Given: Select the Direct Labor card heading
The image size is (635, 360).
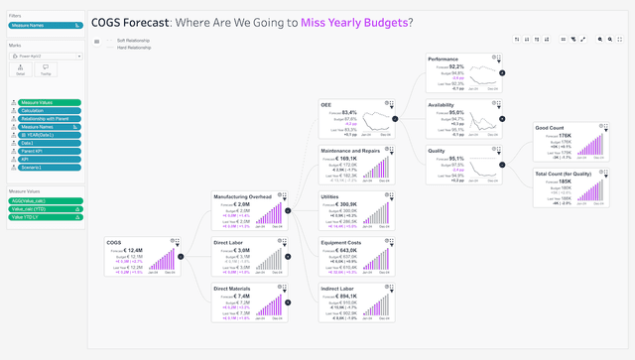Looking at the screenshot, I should click(x=231, y=242).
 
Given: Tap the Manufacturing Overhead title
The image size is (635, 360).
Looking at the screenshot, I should click(x=242, y=196).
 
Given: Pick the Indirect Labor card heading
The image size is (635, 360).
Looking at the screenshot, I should click(x=340, y=288).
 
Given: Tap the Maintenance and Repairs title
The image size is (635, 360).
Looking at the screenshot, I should click(x=350, y=151).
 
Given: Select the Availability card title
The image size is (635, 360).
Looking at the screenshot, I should click(x=443, y=104).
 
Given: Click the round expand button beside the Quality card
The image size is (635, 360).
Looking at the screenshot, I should click(x=501, y=164).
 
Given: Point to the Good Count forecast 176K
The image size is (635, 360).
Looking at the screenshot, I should click(x=561, y=136).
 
